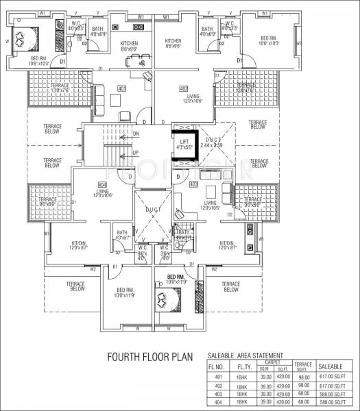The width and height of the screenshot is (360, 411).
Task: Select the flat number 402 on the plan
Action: pos(183,88)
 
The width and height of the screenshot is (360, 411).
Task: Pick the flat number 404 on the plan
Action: pos(102,185)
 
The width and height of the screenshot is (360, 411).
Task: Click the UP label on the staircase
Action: pos(135,153)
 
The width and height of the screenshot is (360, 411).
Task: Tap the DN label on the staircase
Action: pos(136,134)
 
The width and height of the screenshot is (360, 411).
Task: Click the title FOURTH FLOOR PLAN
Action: pos(147,357)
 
